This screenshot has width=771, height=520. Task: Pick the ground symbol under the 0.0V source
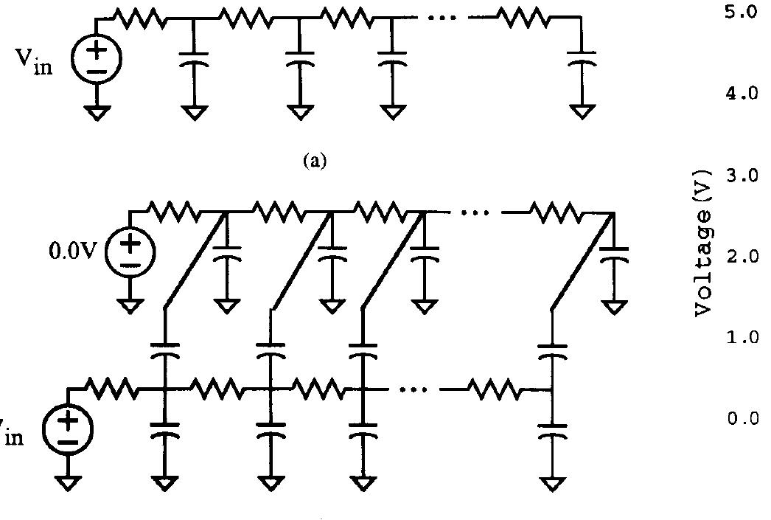(x=130, y=305)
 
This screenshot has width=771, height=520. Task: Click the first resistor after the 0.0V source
(x=175, y=212)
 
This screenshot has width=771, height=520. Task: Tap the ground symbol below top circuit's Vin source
(x=97, y=112)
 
